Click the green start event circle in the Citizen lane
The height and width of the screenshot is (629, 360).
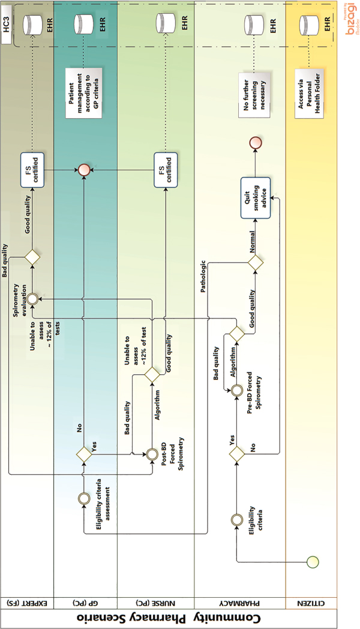[313, 561]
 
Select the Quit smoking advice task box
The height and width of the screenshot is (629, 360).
[256, 194]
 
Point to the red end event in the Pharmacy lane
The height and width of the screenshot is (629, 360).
[256, 142]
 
